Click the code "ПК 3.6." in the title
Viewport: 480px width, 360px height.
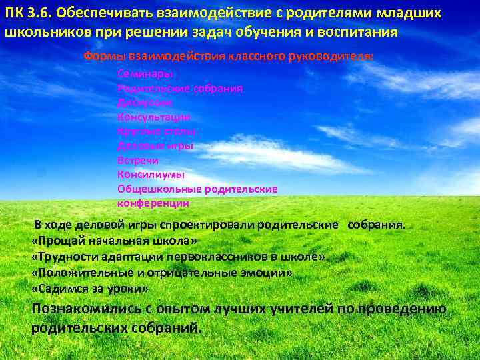pyautogui.click(x=27, y=15)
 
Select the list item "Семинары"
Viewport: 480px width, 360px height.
pyautogui.click(x=145, y=73)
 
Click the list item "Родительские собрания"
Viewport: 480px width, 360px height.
pyautogui.click(x=180, y=88)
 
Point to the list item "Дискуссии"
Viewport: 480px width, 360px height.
pyautogui.click(x=145, y=103)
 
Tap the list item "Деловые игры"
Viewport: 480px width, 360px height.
pyautogui.click(x=155, y=146)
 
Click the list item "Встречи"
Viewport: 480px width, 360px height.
pyautogui.click(x=138, y=161)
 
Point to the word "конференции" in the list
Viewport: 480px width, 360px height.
pyautogui.click(x=153, y=203)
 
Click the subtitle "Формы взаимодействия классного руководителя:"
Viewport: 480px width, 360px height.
pyautogui.click(x=228, y=57)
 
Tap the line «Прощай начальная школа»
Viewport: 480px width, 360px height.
pyautogui.click(x=115, y=241)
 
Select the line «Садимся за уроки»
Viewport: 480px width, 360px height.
pyautogui.click(x=90, y=289)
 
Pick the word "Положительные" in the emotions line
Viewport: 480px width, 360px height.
pyautogui.click(x=74, y=273)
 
